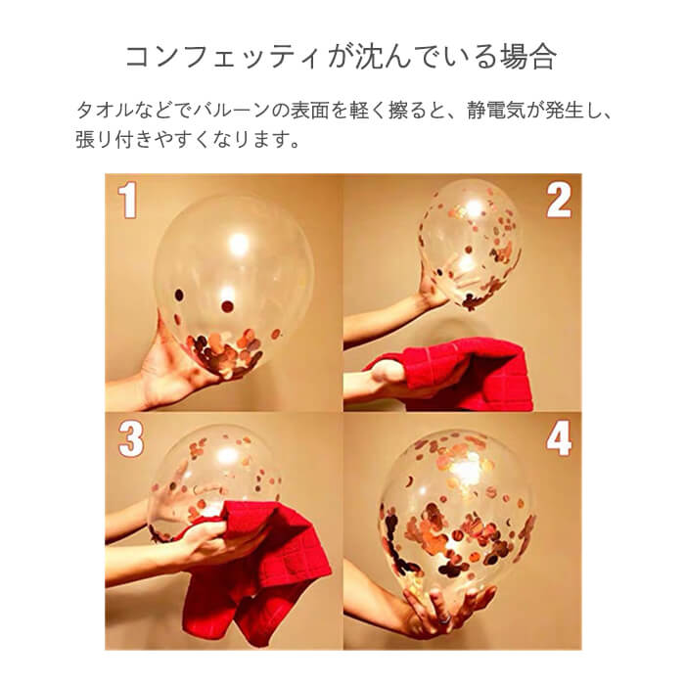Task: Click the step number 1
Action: tap(127, 201)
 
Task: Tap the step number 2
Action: tap(559, 200)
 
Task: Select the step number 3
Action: tap(130, 439)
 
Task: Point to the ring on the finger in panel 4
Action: tap(444, 619)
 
